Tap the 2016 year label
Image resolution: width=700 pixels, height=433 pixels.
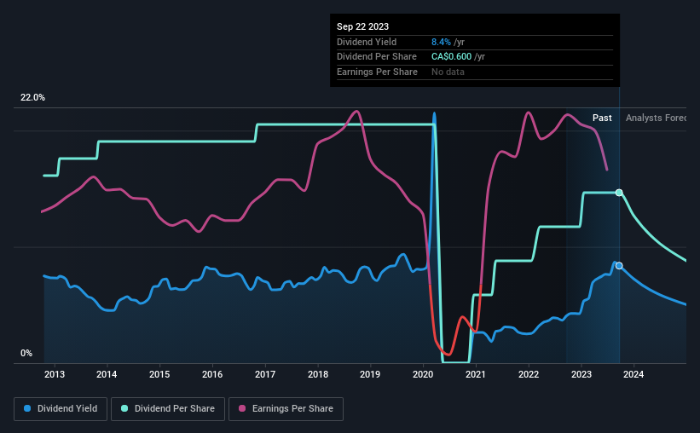point(212,374)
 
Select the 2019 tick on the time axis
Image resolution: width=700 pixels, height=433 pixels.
point(370,374)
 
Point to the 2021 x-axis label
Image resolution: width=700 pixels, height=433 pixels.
point(476,374)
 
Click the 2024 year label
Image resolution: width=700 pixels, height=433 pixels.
point(634,374)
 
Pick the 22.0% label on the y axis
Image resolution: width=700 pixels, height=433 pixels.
point(32,98)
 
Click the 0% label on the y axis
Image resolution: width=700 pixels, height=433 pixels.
point(26,354)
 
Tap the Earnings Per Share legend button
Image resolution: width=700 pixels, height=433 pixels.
point(286,409)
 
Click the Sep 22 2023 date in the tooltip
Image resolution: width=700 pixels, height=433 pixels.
point(362,26)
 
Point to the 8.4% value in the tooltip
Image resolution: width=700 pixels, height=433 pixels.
point(442,42)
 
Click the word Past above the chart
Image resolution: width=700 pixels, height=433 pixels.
point(602,118)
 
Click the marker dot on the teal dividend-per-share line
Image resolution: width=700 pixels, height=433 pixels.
point(619,193)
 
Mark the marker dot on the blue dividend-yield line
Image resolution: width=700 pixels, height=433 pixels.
point(619,266)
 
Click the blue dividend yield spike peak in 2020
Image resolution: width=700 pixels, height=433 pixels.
point(434,113)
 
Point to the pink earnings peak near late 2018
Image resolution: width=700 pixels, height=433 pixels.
point(356,111)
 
